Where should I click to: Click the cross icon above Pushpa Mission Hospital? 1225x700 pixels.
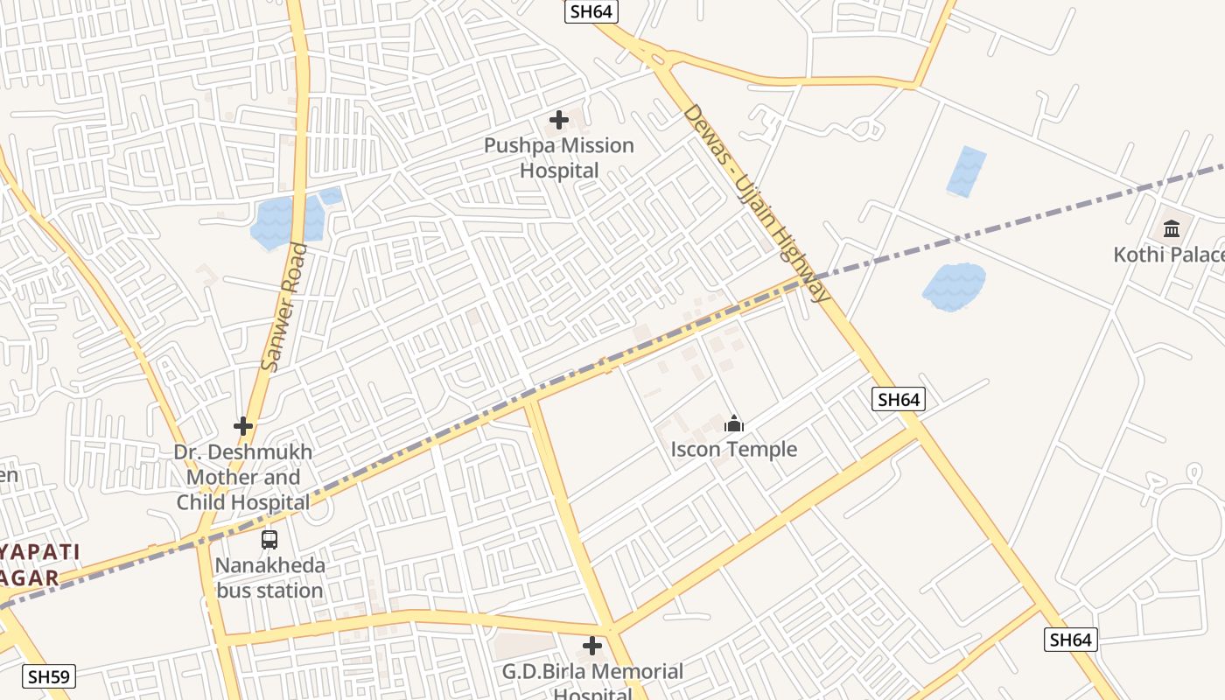point(558,120)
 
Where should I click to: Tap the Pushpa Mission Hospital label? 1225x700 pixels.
point(559,157)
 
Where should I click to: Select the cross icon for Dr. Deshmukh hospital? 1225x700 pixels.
point(243,426)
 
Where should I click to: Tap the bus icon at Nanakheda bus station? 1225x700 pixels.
point(269,540)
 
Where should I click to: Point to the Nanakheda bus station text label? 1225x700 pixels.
point(269,577)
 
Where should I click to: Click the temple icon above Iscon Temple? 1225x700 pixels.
point(734,424)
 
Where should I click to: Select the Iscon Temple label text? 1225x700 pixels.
point(734,450)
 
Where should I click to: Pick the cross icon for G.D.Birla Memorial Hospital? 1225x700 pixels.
point(592,647)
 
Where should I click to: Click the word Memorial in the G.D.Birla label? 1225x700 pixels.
point(630,672)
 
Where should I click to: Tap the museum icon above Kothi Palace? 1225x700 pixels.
point(1172,229)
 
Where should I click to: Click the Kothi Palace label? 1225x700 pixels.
point(1168,255)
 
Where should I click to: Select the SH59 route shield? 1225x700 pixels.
point(50,676)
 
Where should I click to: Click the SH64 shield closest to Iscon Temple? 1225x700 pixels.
point(899,400)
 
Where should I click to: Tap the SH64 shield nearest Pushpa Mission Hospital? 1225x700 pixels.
point(592,11)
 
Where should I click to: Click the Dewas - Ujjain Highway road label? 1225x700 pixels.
point(756,203)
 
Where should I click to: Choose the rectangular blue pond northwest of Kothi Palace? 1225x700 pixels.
point(966,171)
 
